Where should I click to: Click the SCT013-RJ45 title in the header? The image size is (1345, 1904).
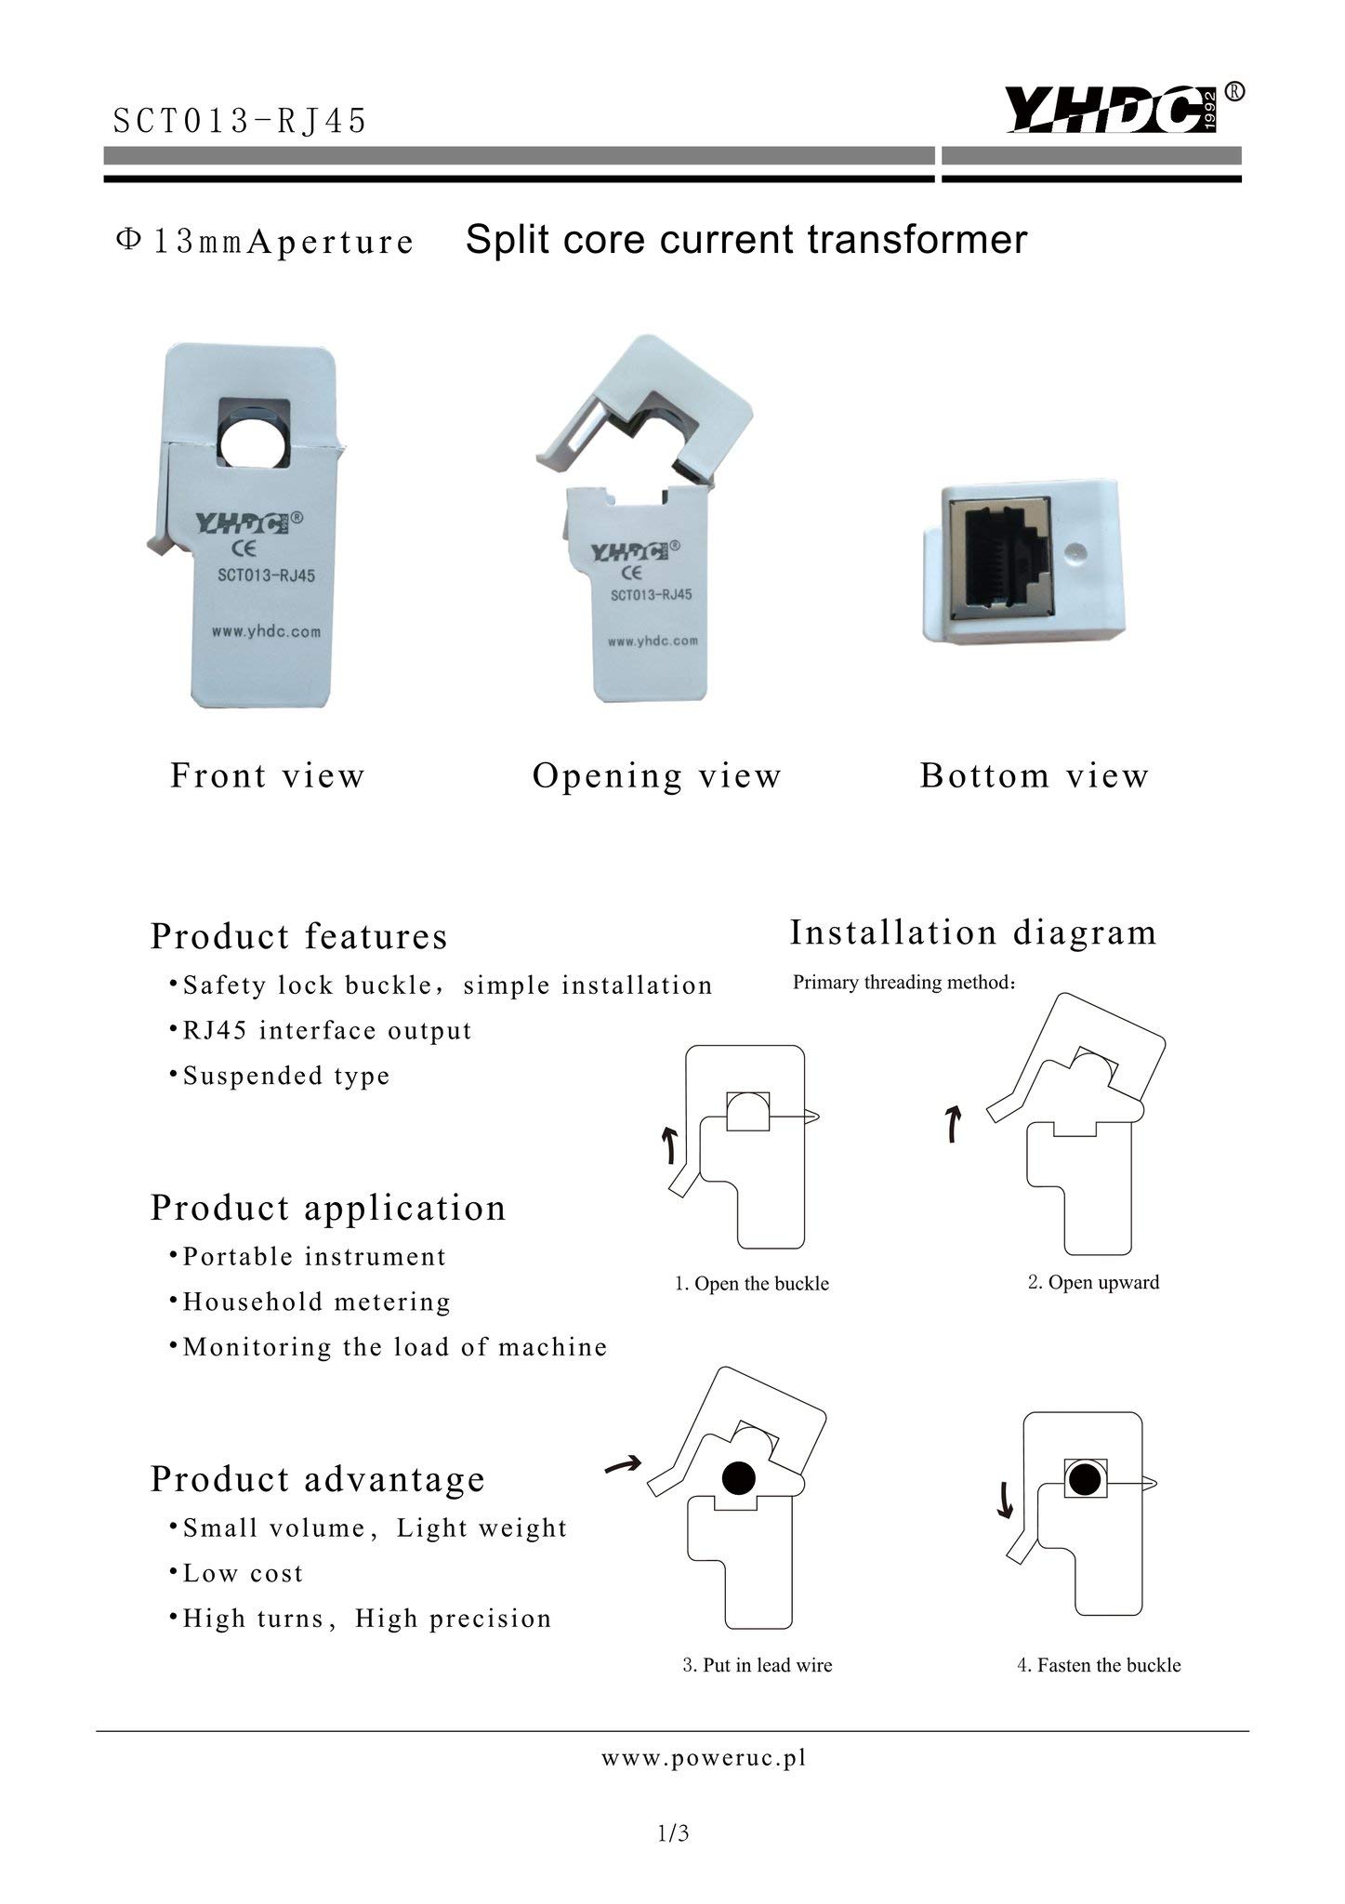point(241,122)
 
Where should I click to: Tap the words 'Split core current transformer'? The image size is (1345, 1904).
point(745,240)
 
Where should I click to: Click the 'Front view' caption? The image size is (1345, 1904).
point(268,775)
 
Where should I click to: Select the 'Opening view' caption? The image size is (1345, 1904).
point(656,775)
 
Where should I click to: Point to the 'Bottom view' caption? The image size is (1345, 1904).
point(1035,775)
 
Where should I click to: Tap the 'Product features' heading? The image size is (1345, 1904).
point(298,936)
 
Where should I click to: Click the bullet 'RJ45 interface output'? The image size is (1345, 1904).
point(327,1030)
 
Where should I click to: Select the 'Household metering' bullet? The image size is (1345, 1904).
point(316,1302)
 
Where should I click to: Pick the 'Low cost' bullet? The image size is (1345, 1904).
point(243,1573)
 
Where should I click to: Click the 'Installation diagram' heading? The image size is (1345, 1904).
point(973,932)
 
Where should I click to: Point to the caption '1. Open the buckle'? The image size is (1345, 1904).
point(752,1284)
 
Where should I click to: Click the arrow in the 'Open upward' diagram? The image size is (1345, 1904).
point(952,1125)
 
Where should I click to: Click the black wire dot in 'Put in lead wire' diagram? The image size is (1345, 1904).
point(739,1477)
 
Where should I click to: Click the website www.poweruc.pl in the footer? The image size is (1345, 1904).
point(704,1758)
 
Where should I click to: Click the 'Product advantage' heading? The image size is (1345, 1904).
point(317,1479)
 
